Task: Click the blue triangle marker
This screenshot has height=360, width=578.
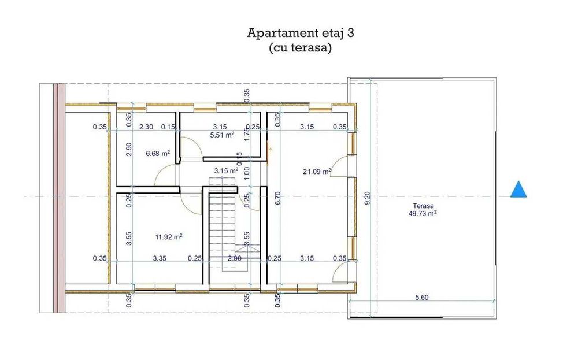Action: coord(518,190)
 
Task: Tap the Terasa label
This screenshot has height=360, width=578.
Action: coord(423,206)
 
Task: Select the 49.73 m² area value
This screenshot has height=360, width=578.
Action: coord(423,213)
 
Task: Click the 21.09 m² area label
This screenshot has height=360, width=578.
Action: coord(317,171)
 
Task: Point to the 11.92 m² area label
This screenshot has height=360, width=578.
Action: coord(169,236)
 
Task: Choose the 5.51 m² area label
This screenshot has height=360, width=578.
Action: coord(222,135)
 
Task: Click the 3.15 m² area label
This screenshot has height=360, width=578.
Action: coord(226,170)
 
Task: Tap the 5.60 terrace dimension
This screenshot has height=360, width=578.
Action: coord(421,298)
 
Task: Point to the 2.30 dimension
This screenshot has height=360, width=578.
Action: coord(146,127)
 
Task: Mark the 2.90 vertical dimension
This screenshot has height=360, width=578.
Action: coord(129,149)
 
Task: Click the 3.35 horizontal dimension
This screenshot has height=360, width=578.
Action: coord(160,258)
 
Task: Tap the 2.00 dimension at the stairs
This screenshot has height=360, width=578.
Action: coord(235,259)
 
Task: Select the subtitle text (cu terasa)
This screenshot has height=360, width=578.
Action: coord(300,49)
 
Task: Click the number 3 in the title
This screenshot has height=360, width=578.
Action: coord(350,32)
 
